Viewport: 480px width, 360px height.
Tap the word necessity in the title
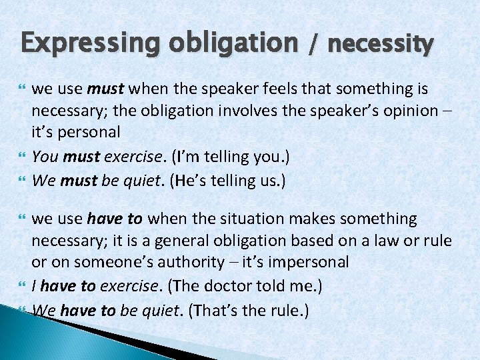point(381,44)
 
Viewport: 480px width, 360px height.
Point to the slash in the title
point(311,44)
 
